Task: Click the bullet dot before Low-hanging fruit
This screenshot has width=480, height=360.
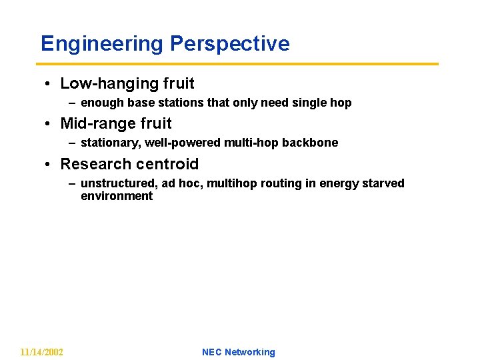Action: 50,84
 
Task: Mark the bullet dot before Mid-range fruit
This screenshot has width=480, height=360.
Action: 50,124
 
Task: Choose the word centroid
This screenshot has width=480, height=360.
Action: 170,164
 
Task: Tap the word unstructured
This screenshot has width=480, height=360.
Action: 115,183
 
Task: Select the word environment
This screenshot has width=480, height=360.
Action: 117,196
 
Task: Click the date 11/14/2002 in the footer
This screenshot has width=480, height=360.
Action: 41,352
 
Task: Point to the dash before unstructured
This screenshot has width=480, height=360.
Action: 72,183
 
